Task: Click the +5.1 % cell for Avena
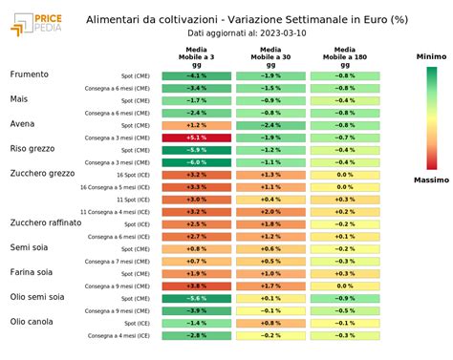(195, 138)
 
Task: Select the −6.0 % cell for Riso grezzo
(195, 162)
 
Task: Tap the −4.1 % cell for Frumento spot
(195, 75)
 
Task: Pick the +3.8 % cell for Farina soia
(195, 286)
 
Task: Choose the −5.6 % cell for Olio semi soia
(195, 298)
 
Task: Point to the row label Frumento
(30, 74)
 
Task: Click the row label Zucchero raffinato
(46, 222)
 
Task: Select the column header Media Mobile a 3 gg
(195, 55)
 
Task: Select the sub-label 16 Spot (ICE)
(132, 175)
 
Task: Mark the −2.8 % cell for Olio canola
(195, 335)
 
